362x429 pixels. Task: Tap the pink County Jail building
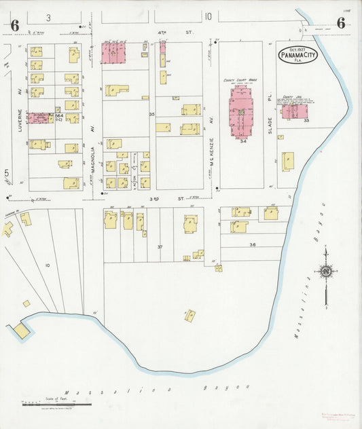click(x=294, y=111)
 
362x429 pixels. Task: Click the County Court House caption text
click(x=240, y=79)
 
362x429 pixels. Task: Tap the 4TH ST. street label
click(x=162, y=32)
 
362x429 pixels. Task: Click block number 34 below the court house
click(x=242, y=141)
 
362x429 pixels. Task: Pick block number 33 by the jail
click(x=307, y=121)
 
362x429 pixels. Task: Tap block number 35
click(x=152, y=114)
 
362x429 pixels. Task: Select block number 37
click(x=160, y=246)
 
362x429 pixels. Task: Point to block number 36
click(x=253, y=244)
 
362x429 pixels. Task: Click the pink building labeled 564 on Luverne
click(x=40, y=118)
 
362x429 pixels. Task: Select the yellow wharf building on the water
click(x=22, y=331)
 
